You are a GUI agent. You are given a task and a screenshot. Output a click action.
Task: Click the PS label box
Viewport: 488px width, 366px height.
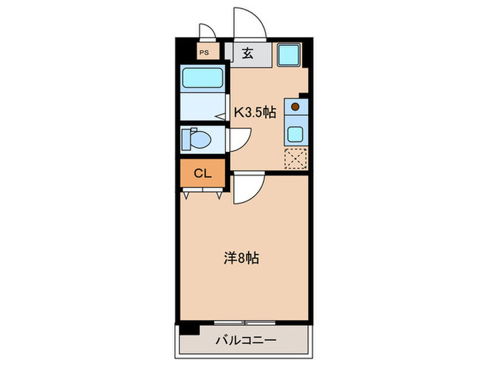pos(205,52)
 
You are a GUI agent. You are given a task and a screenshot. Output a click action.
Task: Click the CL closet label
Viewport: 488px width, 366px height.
pos(203,173)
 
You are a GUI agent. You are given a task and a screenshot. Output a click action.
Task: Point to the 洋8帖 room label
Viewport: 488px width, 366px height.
pos(241,258)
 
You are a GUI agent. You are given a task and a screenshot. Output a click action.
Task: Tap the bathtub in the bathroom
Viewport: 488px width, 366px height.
pos(202,78)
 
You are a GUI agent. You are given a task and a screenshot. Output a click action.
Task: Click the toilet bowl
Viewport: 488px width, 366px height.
pos(200,140)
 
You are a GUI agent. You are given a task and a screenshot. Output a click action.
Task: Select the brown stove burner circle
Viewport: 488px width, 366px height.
pos(295,107)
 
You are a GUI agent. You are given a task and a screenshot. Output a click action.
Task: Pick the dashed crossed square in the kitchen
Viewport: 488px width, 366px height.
pos(296,159)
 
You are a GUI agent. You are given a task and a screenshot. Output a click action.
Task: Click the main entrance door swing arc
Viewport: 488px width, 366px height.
pos(250,21)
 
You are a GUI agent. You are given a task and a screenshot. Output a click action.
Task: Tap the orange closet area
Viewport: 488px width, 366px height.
pos(203,173)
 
